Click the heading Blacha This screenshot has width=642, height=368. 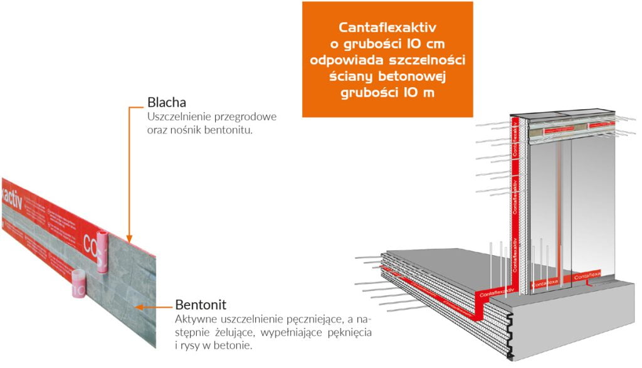(x=166, y=102)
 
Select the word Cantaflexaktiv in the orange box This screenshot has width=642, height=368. (x=387, y=28)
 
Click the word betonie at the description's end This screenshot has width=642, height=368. (x=236, y=344)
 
